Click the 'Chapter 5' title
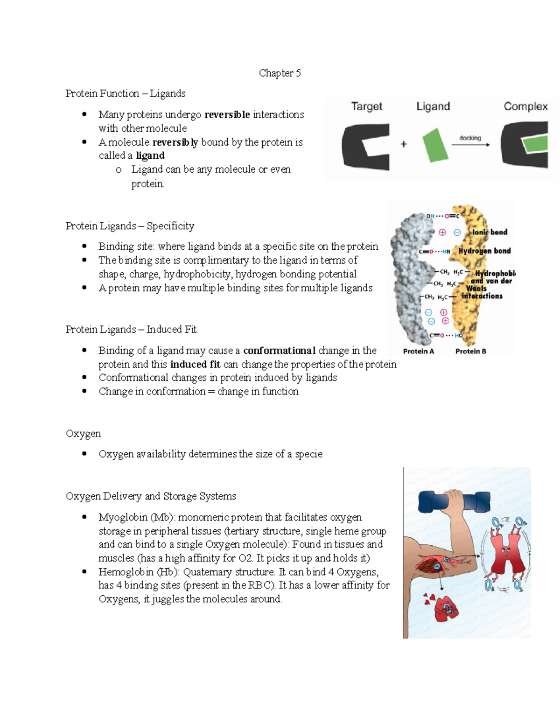point(280,73)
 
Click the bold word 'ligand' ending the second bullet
point(150,155)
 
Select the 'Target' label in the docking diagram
point(366,106)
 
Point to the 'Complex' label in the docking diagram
point(525,106)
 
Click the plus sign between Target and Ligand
point(404,144)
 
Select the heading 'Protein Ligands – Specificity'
point(130,226)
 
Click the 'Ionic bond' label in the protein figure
point(490,232)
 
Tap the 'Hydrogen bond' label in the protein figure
point(484,251)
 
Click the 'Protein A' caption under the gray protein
point(419,351)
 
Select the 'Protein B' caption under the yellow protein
point(470,351)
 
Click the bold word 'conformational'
point(279,350)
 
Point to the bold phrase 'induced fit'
point(195,364)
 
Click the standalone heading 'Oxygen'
point(83,433)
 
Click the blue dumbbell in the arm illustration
point(454,502)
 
